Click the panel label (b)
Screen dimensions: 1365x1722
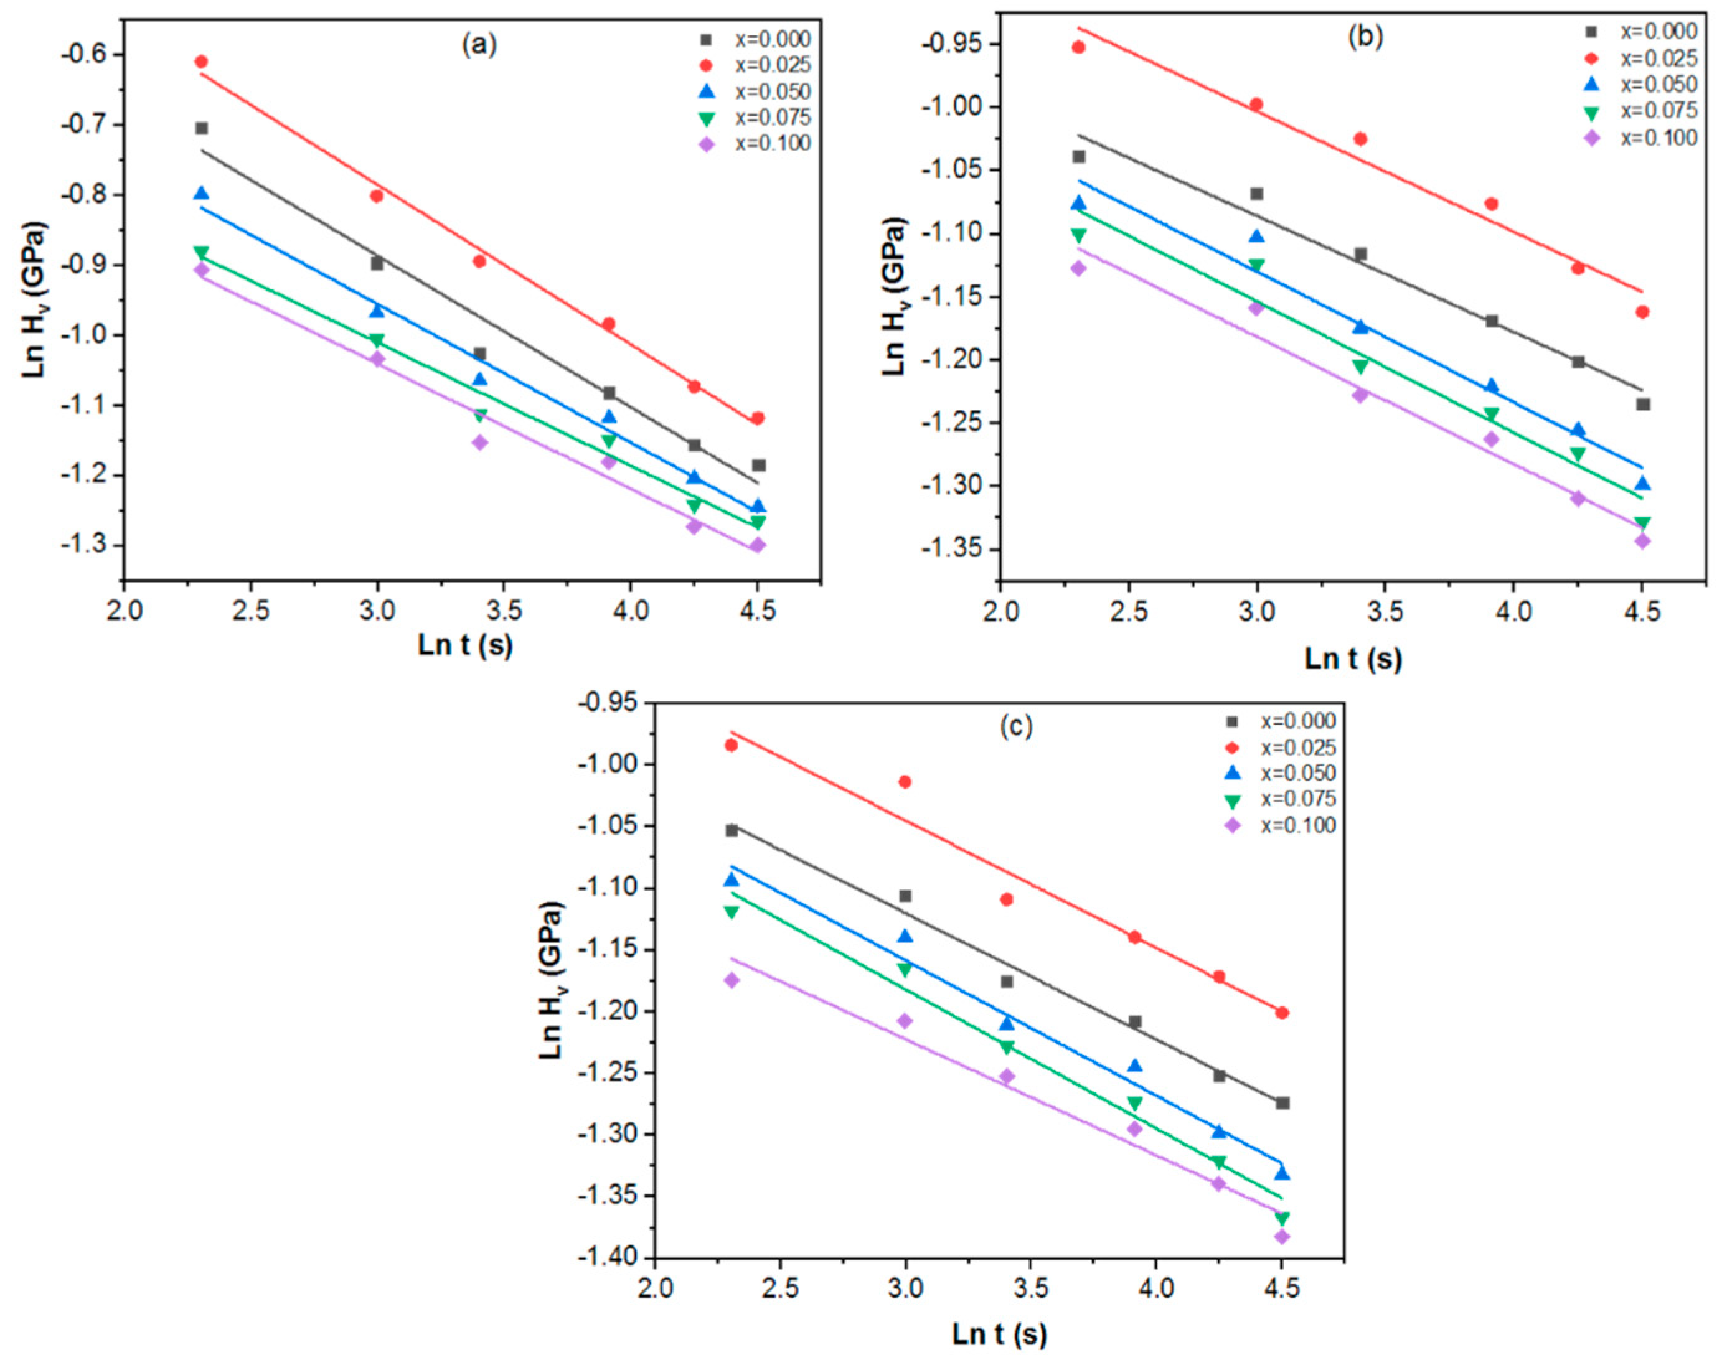click(x=1365, y=37)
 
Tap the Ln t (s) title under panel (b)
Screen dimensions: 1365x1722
click(x=1353, y=659)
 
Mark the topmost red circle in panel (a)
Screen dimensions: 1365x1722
click(x=201, y=62)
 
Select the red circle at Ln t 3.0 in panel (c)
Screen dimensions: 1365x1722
click(x=905, y=782)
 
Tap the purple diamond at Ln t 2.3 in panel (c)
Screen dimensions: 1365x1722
click(x=732, y=980)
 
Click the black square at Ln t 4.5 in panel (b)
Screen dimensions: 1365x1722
click(x=1643, y=404)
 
